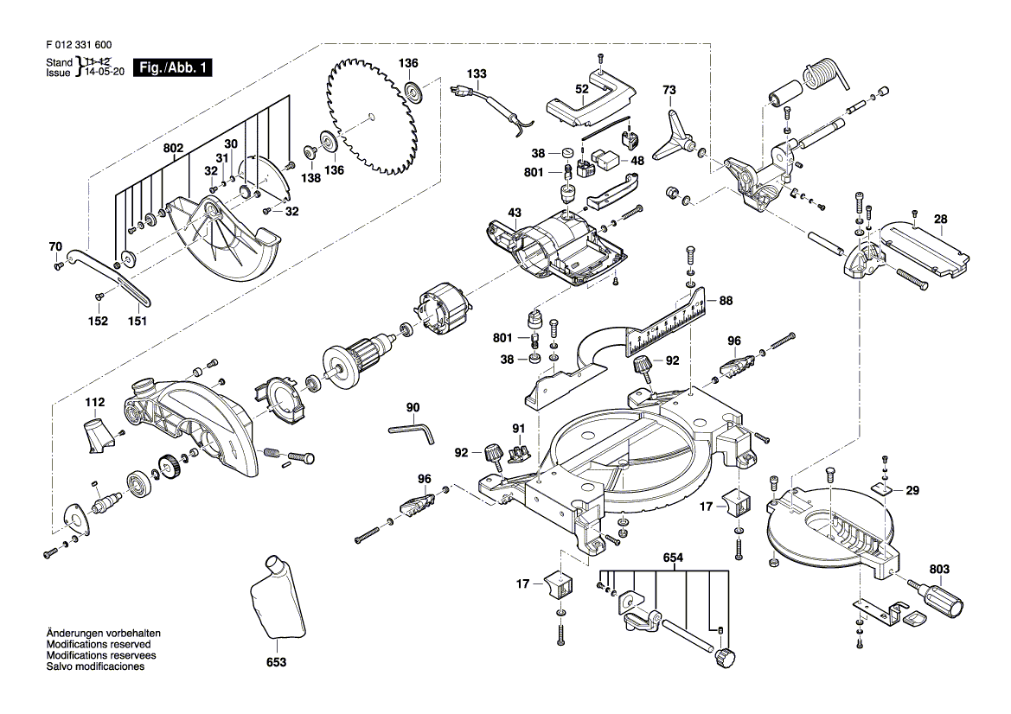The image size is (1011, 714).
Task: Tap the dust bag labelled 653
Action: (x=276, y=601)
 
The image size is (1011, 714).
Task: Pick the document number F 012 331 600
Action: (x=77, y=45)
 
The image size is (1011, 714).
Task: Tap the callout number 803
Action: (x=939, y=570)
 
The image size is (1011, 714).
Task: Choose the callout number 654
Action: (x=674, y=558)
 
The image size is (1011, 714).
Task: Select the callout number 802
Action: (x=174, y=149)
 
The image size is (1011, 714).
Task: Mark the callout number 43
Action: (x=515, y=213)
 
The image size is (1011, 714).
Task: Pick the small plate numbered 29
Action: (x=883, y=490)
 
